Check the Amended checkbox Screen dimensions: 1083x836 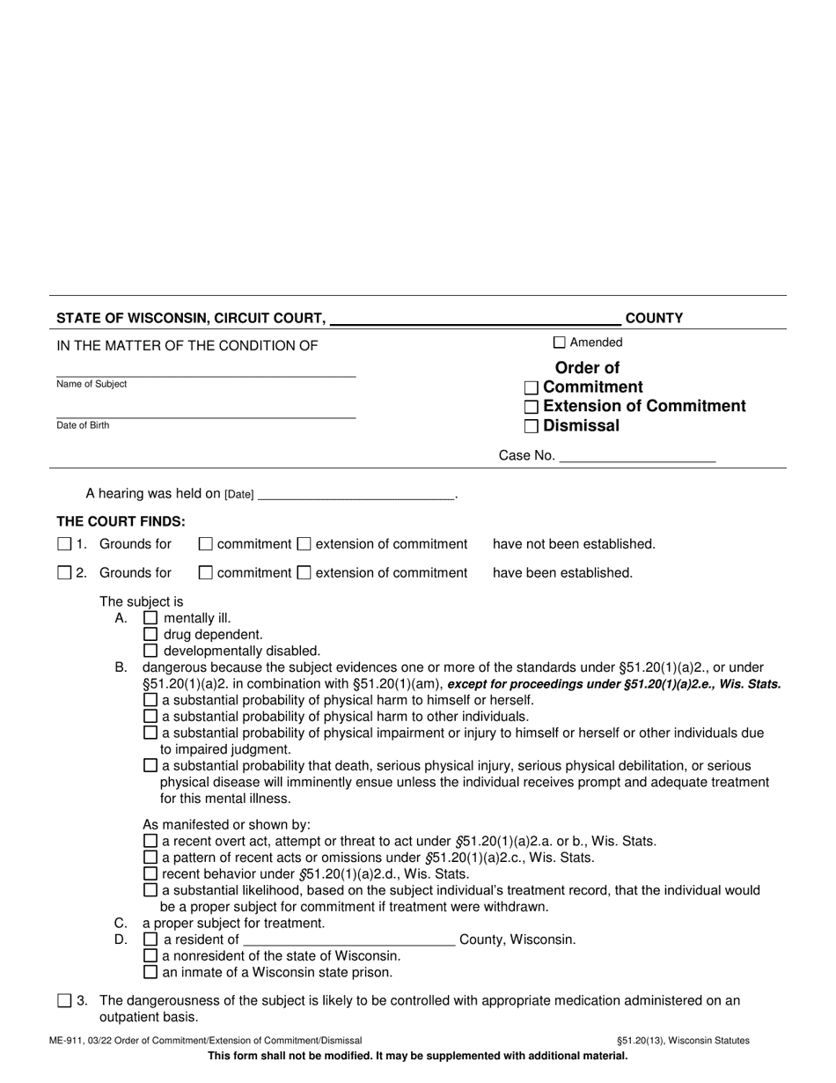(560, 343)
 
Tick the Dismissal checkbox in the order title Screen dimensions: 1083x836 (531, 427)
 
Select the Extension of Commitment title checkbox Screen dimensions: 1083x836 (531, 407)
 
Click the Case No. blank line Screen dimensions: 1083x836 (637, 457)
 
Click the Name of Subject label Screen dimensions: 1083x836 (92, 384)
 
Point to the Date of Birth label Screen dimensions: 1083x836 (83, 425)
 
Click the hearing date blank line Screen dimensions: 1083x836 (356, 496)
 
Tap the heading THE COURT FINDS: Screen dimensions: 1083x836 (121, 521)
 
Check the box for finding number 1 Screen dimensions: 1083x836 (64, 544)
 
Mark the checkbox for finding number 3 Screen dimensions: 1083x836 (64, 1000)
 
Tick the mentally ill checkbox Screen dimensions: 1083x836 (150, 618)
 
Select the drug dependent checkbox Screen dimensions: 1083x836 (150, 634)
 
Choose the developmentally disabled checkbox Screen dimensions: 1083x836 (150, 651)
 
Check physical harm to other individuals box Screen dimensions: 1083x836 (150, 716)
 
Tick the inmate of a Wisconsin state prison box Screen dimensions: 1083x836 (150, 973)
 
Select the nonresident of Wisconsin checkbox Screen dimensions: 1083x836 (150, 956)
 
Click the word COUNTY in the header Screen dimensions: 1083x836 (654, 319)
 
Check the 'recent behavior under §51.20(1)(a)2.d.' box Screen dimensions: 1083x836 (150, 874)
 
